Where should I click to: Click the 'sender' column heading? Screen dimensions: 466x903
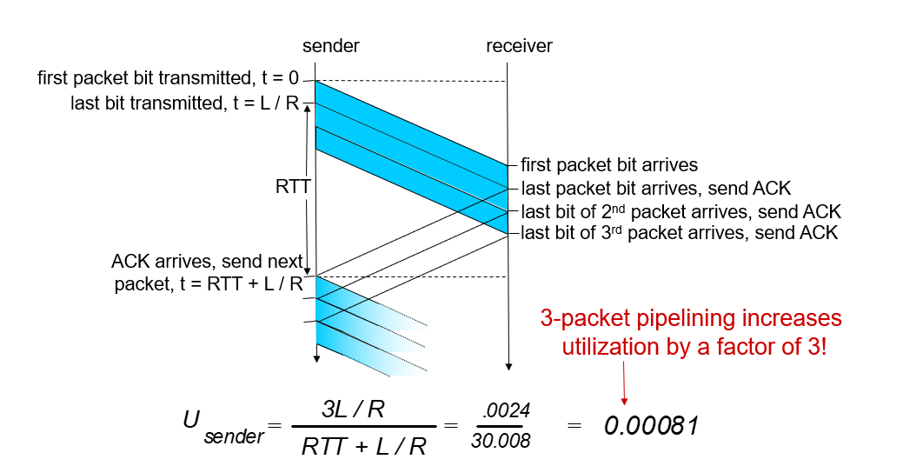[330, 46]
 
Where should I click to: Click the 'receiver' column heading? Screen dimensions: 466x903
[519, 46]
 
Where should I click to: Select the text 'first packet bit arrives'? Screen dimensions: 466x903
[609, 164]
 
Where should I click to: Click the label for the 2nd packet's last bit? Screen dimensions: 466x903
[681, 211]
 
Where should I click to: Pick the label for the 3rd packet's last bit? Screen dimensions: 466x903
[680, 233]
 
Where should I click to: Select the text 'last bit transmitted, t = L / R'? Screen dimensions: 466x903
[185, 103]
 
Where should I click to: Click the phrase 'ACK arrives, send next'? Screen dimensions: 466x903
[207, 261]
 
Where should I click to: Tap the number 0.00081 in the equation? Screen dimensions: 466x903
[652, 426]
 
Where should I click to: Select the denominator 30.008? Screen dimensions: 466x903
[500, 442]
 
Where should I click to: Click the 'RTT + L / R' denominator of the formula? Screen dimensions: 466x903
[364, 446]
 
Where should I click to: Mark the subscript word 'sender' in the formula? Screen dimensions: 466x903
[234, 436]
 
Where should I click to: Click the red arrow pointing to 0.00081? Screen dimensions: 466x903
[623, 383]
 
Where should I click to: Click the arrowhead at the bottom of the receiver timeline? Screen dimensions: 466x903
[508, 365]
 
